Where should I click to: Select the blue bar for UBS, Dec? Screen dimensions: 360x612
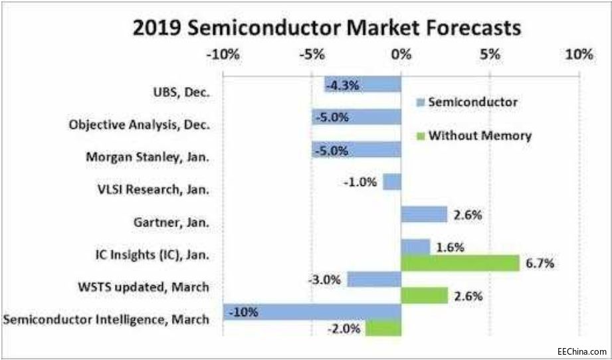[363, 84]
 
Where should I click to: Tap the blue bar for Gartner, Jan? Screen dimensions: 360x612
[424, 214]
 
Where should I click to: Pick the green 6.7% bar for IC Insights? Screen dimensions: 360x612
[460, 262]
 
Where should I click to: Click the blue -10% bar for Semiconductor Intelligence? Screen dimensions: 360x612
[312, 311]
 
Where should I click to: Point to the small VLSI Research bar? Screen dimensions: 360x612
[392, 181]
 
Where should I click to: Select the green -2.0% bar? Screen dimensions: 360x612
[383, 327]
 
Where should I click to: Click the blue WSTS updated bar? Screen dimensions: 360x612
[374, 279]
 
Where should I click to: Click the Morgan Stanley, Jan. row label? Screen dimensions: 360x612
[148, 157]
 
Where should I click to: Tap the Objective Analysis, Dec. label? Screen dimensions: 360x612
[140, 124]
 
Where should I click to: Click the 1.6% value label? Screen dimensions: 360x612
[450, 246]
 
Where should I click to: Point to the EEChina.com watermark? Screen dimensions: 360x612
[581, 351]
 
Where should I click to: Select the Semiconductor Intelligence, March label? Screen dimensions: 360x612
[106, 319]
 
